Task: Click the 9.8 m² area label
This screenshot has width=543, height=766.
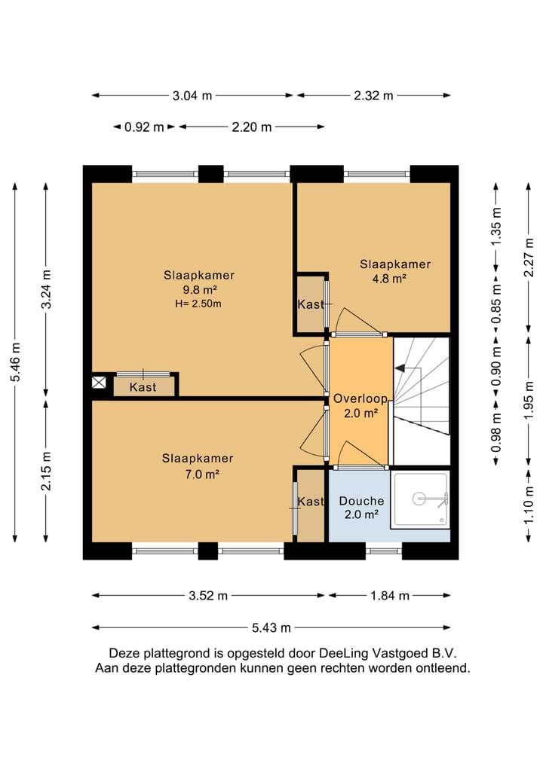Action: coord(200,290)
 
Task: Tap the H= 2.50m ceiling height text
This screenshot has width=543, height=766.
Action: coord(198,304)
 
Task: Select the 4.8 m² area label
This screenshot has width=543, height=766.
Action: coord(390,279)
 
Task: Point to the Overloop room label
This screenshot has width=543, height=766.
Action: coord(360,398)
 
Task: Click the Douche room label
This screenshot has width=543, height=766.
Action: coord(361,501)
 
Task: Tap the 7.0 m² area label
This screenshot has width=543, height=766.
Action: coord(201,474)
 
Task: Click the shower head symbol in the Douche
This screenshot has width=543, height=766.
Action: coord(419,499)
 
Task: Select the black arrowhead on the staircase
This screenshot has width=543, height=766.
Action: coord(400,368)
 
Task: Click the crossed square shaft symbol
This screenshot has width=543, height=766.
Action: coord(99,382)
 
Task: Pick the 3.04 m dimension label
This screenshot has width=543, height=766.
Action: coord(192,96)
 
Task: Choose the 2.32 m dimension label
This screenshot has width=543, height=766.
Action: coord(373,96)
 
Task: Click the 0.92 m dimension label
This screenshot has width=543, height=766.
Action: coord(144,127)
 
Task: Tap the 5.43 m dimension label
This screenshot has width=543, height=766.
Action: coord(271,627)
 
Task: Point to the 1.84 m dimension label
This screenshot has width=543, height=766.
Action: coord(390,596)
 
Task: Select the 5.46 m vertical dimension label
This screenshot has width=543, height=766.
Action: coord(16,362)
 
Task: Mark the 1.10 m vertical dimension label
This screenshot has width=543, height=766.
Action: coord(529,505)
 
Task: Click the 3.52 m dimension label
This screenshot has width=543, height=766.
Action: coord(208,596)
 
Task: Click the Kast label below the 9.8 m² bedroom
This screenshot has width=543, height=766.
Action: coord(143,387)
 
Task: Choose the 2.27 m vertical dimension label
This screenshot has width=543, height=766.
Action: coord(529,257)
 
